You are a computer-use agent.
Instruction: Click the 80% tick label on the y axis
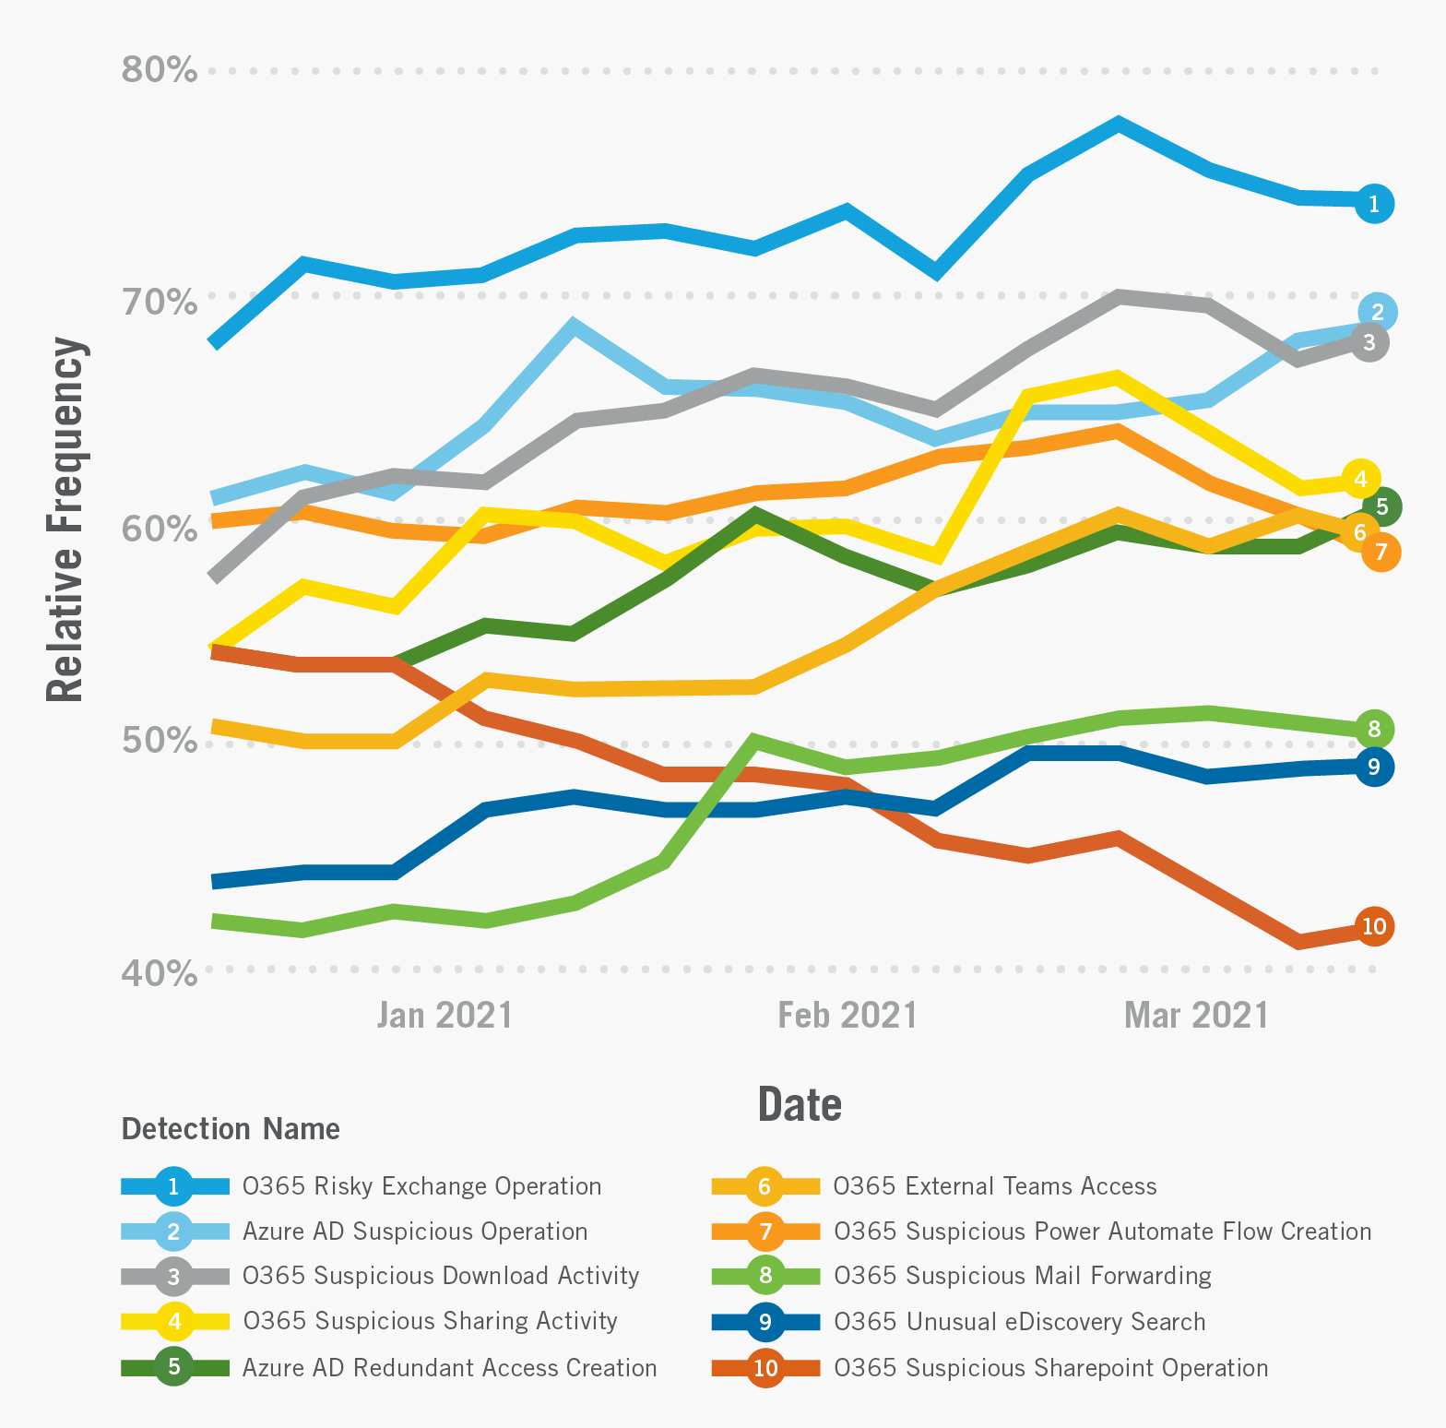click(159, 69)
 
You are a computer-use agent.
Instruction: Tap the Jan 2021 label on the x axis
click(444, 1015)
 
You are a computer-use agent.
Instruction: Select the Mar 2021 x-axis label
click(1196, 1015)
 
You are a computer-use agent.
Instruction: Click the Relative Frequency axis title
click(66, 519)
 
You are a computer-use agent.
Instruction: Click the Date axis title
click(800, 1104)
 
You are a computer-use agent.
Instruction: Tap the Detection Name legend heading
click(231, 1128)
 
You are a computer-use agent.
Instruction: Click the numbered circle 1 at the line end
click(1374, 204)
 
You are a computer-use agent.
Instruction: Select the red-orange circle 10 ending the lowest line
click(1374, 926)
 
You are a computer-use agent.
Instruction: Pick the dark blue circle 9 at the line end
click(1374, 767)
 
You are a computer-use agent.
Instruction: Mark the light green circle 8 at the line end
click(1374, 730)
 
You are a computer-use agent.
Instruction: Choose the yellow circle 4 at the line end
click(1361, 479)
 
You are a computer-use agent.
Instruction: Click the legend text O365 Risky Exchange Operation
click(421, 1186)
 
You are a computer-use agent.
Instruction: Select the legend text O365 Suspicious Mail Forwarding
click(1022, 1276)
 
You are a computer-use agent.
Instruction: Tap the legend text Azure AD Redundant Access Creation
click(449, 1367)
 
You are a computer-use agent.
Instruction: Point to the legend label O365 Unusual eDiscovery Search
click(1019, 1322)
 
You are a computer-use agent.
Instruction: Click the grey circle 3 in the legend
click(174, 1277)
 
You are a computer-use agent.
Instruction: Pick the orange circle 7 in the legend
click(765, 1232)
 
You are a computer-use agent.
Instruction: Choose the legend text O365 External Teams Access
click(994, 1186)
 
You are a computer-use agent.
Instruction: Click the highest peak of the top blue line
click(1118, 125)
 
